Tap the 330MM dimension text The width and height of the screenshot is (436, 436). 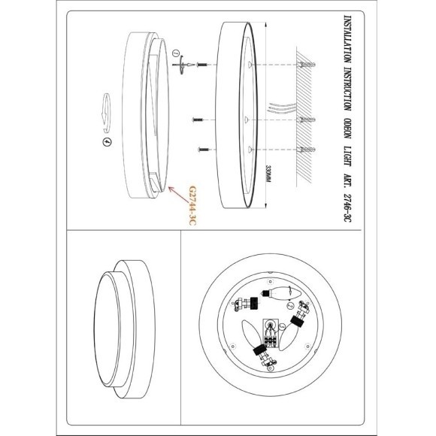[268, 174]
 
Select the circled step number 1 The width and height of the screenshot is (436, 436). [175, 53]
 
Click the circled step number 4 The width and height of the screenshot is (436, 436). [107, 142]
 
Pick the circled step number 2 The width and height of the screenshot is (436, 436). [290, 305]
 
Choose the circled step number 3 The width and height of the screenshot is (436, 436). [282, 326]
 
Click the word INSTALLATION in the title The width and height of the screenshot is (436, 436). [347, 38]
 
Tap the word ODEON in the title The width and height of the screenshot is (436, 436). [347, 129]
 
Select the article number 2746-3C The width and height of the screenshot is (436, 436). [347, 207]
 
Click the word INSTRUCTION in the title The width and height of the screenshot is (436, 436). [347, 89]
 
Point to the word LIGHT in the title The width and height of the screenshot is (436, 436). [347, 156]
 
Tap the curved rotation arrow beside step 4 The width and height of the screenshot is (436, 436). [106, 113]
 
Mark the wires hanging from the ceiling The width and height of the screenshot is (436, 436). [281, 107]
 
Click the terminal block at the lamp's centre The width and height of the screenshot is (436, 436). [270, 334]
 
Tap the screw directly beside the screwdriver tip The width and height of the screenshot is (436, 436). [201, 65]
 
